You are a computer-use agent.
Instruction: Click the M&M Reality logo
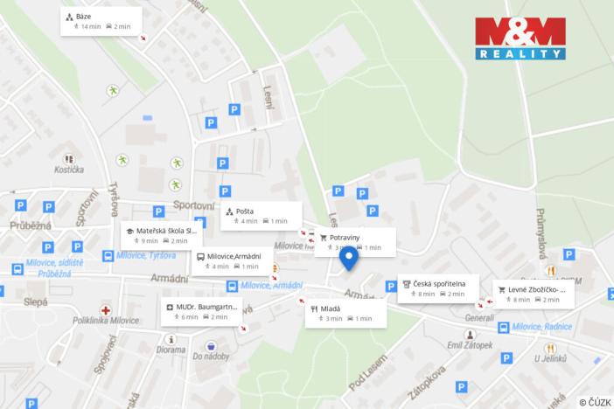pyautogui.click(x=521, y=38)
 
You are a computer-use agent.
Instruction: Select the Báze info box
pyautogui.click(x=101, y=21)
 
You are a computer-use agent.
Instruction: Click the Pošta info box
pyautogui.click(x=260, y=215)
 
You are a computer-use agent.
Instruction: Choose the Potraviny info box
pyautogui.click(x=354, y=241)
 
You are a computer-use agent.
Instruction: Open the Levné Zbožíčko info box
pyautogui.click(x=533, y=294)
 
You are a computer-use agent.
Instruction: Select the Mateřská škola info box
pyautogui.click(x=162, y=235)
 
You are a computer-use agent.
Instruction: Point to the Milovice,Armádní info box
pyautogui.click(x=230, y=260)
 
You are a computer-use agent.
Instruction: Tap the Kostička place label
pyautogui.click(x=68, y=169)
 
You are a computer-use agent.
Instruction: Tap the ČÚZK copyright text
pyautogui.click(x=595, y=401)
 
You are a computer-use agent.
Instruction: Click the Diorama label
pyautogui.click(x=171, y=350)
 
